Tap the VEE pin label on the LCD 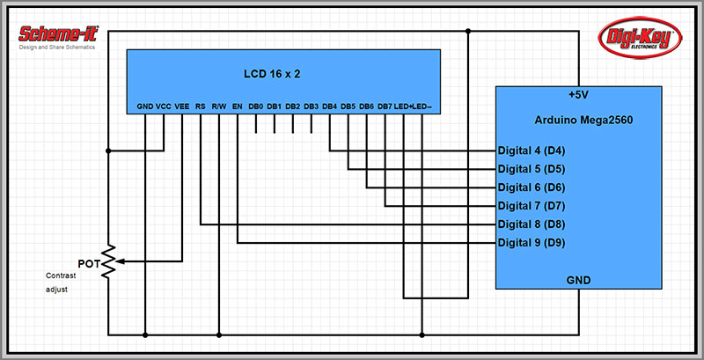pos(182,107)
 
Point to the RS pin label pos(201,107)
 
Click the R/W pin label pos(219,107)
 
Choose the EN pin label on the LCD pos(238,107)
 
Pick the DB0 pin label pos(256,107)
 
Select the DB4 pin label pos(330,107)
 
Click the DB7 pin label pos(385,107)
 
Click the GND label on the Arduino pos(579,280)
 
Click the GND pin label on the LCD pos(145,107)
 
